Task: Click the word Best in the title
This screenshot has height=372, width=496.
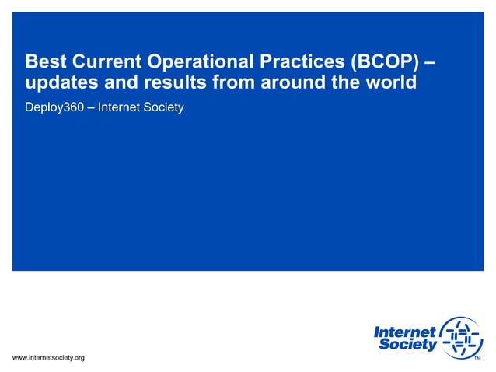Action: coord(45,61)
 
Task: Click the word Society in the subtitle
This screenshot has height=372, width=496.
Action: coord(162,107)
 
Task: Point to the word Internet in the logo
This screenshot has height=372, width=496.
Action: coord(405,332)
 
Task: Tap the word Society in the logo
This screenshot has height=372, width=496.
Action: coord(408,346)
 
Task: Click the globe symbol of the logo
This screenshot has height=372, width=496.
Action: coord(462,339)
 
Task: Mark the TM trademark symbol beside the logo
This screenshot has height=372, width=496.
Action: coord(478,358)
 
